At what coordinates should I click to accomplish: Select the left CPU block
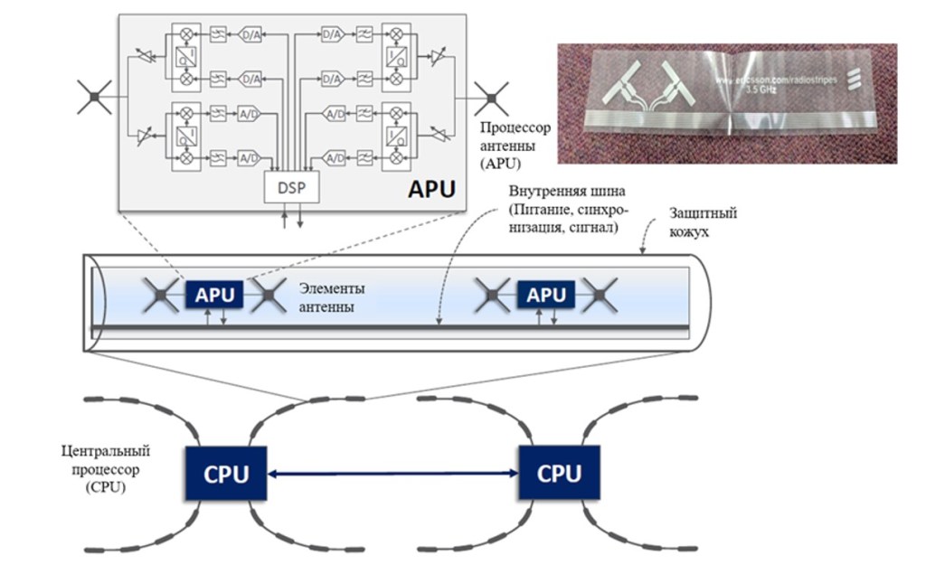(x=226, y=474)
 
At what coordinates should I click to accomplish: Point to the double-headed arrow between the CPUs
(x=392, y=474)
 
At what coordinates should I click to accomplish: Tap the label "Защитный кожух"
(x=703, y=221)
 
